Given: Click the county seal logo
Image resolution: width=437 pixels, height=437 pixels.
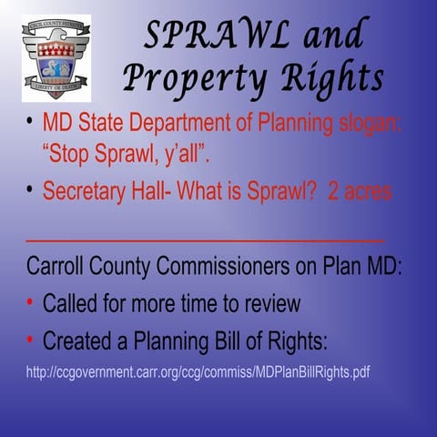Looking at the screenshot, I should tap(56, 57).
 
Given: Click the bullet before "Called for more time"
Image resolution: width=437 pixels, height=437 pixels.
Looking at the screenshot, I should tap(30, 302).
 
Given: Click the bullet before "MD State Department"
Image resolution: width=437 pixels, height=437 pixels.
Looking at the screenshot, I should tap(30, 122).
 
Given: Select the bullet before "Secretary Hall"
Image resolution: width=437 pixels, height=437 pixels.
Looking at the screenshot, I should tap(30, 189).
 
